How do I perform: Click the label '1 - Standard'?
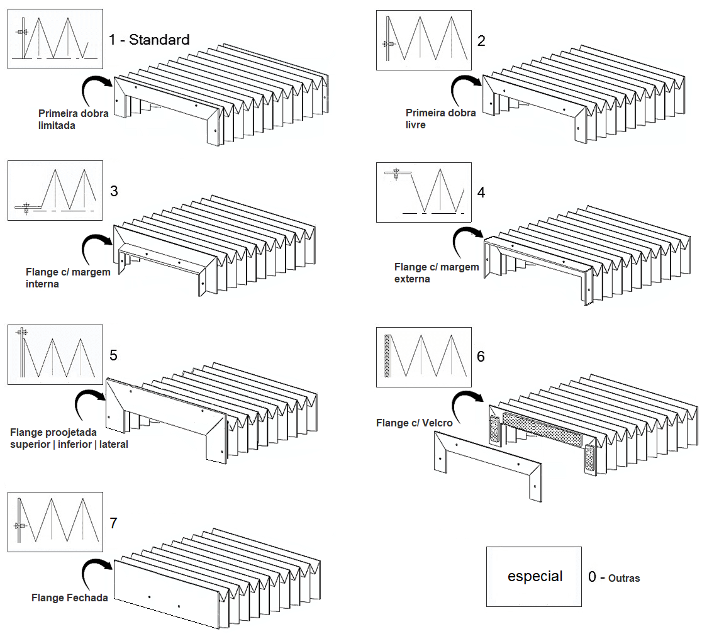[149, 40]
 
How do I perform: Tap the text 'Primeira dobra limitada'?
[74, 120]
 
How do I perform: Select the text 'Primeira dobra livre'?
[440, 119]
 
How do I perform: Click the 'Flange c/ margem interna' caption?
[68, 278]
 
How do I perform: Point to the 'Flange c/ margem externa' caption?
[437, 273]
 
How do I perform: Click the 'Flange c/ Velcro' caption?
[414, 423]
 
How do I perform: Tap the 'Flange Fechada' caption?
[69, 598]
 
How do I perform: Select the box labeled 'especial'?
[534, 577]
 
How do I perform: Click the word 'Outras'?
[624, 578]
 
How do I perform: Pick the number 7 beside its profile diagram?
[113, 523]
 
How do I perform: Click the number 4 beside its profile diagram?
[481, 192]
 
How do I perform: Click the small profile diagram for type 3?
[55, 191]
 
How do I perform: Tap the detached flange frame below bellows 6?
[487, 469]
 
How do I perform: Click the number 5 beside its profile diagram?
[113, 355]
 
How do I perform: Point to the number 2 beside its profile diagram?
[481, 42]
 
